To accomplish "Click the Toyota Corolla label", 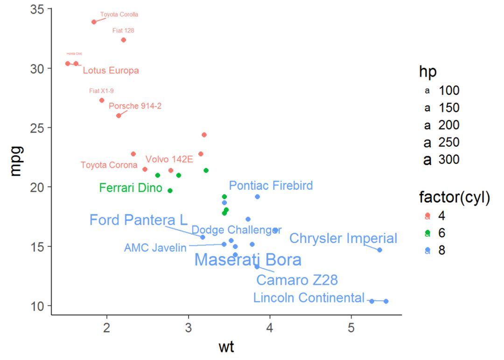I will pyautogui.click(x=119, y=14).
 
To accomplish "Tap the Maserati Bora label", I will pyautogui.click(x=248, y=260).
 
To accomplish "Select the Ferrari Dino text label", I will pyautogui.click(x=131, y=188).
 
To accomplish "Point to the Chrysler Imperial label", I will pyautogui.click(x=343, y=239).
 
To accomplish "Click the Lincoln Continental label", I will pyautogui.click(x=308, y=298).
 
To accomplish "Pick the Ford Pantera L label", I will pyautogui.click(x=138, y=220).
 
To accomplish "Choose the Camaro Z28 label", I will pyautogui.click(x=297, y=280).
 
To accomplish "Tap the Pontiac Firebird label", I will pyautogui.click(x=271, y=186).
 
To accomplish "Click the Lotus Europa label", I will pyautogui.click(x=111, y=71).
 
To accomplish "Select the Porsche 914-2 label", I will pyautogui.click(x=135, y=106).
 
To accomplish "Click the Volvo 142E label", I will pyautogui.click(x=169, y=159).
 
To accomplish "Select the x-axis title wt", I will pyautogui.click(x=226, y=347).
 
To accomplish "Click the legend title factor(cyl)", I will pyautogui.click(x=454, y=198).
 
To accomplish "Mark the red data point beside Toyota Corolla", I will pyautogui.click(x=94, y=22).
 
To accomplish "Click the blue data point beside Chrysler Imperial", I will pyautogui.click(x=379, y=250).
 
